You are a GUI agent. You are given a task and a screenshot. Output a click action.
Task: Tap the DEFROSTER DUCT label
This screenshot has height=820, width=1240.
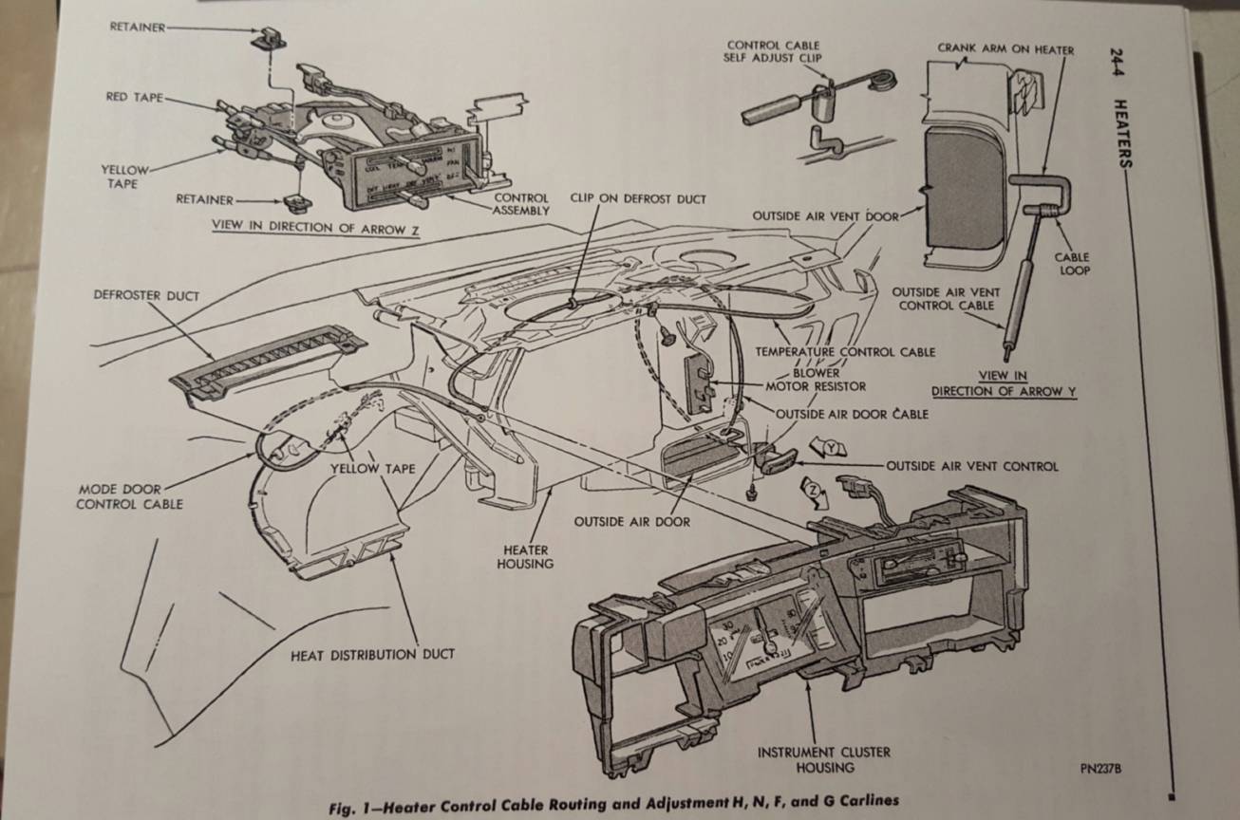[x=146, y=296]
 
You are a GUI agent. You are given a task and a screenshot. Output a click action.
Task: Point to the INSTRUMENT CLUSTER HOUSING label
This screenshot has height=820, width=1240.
[x=823, y=759]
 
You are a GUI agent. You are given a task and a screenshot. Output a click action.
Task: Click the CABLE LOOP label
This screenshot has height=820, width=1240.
[x=1072, y=264]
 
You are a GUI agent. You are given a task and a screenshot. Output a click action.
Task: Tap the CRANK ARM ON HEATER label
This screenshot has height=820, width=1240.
[x=1005, y=48]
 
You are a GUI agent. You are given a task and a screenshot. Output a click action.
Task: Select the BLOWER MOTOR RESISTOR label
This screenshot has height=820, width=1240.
[x=816, y=380]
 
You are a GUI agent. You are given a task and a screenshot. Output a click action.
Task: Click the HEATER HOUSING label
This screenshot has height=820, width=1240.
[x=526, y=557]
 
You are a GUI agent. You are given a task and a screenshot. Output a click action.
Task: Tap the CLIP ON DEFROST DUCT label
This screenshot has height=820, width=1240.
[x=638, y=198]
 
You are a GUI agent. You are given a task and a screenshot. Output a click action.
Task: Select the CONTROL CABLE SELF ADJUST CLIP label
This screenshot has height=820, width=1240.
[x=773, y=51]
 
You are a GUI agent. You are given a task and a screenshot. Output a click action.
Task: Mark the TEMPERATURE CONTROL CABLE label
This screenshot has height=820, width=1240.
[x=845, y=352]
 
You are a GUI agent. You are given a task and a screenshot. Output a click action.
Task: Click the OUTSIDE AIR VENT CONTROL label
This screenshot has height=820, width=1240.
[x=971, y=466]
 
